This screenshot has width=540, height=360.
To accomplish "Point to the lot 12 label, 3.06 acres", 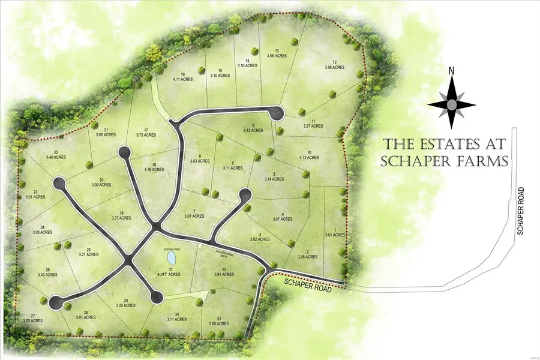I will [x=335, y=65].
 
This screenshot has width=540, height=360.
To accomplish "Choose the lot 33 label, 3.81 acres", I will [x=223, y=272].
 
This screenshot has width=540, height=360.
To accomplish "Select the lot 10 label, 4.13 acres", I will [x=309, y=155].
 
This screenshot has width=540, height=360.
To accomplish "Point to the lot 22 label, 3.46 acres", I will [x=55, y=155].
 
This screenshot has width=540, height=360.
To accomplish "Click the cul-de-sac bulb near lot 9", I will [x=277, y=112].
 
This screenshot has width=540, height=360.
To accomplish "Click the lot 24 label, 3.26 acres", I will [x=43, y=229].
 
